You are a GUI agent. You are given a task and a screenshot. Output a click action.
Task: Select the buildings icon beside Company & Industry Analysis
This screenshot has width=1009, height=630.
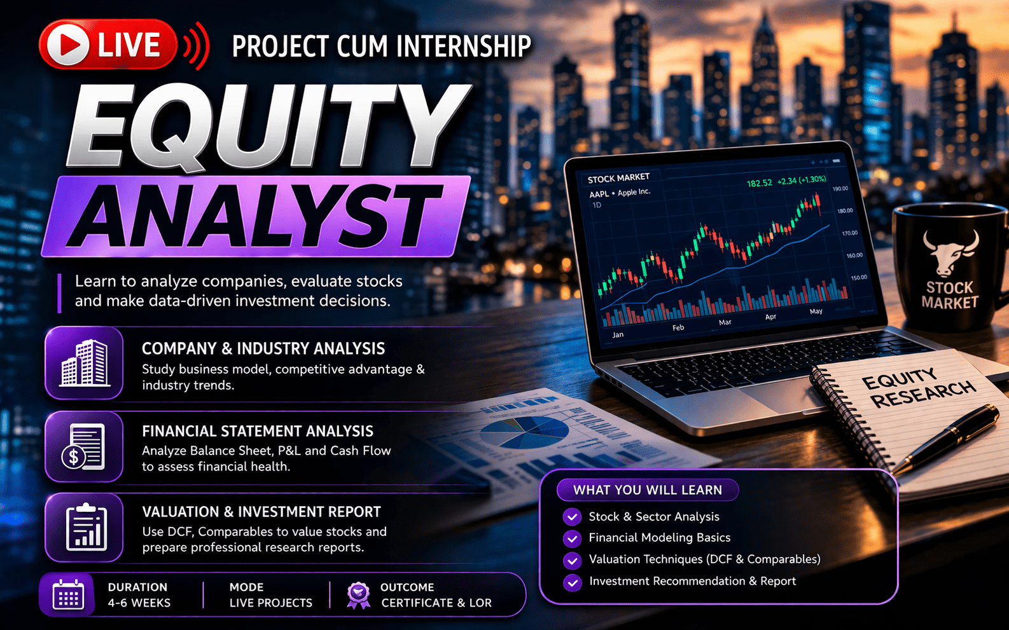point(84,363)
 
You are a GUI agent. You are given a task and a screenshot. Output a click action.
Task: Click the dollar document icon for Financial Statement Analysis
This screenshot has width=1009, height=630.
point(84,447)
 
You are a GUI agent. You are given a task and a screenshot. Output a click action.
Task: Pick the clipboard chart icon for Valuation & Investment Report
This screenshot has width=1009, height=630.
point(87,528)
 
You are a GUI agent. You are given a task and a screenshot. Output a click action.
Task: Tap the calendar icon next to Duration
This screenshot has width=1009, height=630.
point(68,594)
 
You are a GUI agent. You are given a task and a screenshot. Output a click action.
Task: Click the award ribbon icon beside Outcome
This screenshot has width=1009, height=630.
point(359,595)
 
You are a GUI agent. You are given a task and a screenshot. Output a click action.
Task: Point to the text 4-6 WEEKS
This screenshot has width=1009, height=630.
point(139,603)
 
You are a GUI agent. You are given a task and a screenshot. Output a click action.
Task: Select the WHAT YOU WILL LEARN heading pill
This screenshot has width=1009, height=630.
point(648,490)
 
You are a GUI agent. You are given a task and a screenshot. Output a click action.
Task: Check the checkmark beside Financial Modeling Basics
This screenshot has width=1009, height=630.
point(572,538)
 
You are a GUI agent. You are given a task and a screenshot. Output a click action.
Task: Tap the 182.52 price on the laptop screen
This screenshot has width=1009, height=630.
point(760,183)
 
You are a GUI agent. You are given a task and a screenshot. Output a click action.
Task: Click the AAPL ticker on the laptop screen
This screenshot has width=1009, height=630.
point(599,195)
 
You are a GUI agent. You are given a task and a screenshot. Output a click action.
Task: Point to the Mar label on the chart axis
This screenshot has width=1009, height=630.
point(725,322)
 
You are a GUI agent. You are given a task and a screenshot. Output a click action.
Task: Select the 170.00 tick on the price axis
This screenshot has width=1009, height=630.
point(850,233)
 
